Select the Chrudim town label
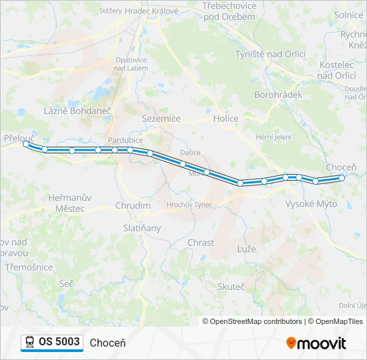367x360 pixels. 133,206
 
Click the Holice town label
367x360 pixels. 226,118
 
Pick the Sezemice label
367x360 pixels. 161,118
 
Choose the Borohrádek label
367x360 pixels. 278,95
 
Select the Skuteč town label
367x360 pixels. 231,286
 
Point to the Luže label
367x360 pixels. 247,248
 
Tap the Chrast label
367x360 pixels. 201,243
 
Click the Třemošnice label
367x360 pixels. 28,267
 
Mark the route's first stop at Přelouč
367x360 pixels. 26,143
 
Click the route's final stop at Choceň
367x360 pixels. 342,177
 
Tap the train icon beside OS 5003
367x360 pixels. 30,342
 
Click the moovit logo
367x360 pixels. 316,343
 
